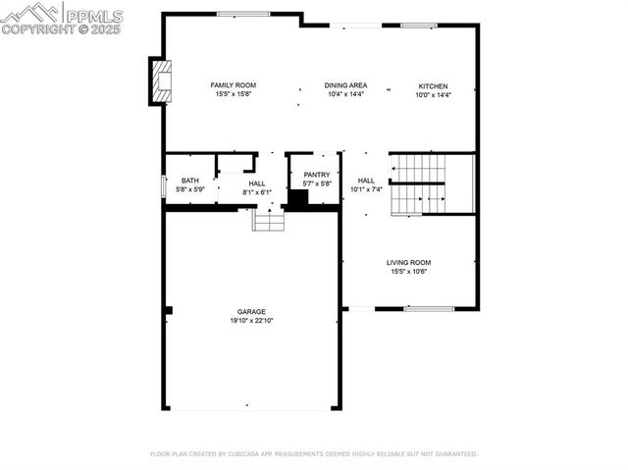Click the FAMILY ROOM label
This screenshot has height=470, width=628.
click(x=233, y=85)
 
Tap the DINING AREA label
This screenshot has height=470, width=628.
click(x=345, y=85)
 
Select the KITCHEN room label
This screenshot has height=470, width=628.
click(x=433, y=86)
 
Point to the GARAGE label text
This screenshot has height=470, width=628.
click(x=251, y=312)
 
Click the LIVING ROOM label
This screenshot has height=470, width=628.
click(x=408, y=262)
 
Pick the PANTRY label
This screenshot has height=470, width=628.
click(x=316, y=175)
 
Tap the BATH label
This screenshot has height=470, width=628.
click(x=189, y=181)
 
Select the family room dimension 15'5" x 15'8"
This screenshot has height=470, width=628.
click(x=233, y=94)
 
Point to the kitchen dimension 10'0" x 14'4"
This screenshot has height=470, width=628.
click(x=433, y=95)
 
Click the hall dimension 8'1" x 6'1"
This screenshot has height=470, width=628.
click(x=256, y=192)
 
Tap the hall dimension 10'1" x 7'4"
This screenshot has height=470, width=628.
click(x=366, y=189)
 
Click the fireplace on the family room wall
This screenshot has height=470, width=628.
click(x=161, y=81)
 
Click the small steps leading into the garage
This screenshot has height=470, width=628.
click(x=268, y=221)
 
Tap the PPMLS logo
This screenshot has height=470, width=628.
click(x=62, y=17)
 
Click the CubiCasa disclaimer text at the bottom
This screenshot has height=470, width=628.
click(x=313, y=454)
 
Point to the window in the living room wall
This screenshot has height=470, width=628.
click(x=429, y=309)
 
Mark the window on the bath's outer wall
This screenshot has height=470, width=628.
click(x=163, y=185)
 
